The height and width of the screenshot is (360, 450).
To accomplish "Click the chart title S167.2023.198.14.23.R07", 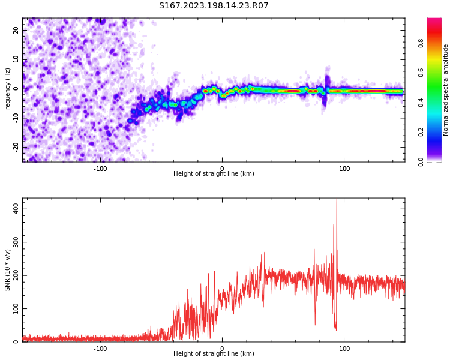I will point(214,6).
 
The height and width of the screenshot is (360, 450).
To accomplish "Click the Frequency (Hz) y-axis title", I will point(8,90).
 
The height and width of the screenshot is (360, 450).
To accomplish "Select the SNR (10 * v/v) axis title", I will point(8,270).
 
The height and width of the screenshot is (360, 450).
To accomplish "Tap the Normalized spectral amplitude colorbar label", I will point(446,90).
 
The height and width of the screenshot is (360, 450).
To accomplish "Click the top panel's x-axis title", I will point(214,174).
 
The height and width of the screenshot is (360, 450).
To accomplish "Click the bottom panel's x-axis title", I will point(214,354).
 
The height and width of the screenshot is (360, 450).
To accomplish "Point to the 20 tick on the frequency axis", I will point(16,30).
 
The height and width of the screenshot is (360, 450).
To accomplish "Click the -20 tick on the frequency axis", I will point(16,146).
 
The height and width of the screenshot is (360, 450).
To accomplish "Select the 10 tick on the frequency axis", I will point(16,59).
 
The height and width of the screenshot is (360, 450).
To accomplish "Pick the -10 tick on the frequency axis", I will point(16,118).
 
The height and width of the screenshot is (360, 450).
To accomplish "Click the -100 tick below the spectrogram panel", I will point(100,169).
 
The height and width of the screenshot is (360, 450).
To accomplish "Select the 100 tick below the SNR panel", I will point(344,349).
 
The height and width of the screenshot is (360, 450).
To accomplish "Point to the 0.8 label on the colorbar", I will point(437,43).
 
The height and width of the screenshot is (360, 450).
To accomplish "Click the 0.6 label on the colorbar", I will point(437,73).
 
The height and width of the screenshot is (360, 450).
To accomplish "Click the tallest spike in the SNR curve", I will point(337,202).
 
